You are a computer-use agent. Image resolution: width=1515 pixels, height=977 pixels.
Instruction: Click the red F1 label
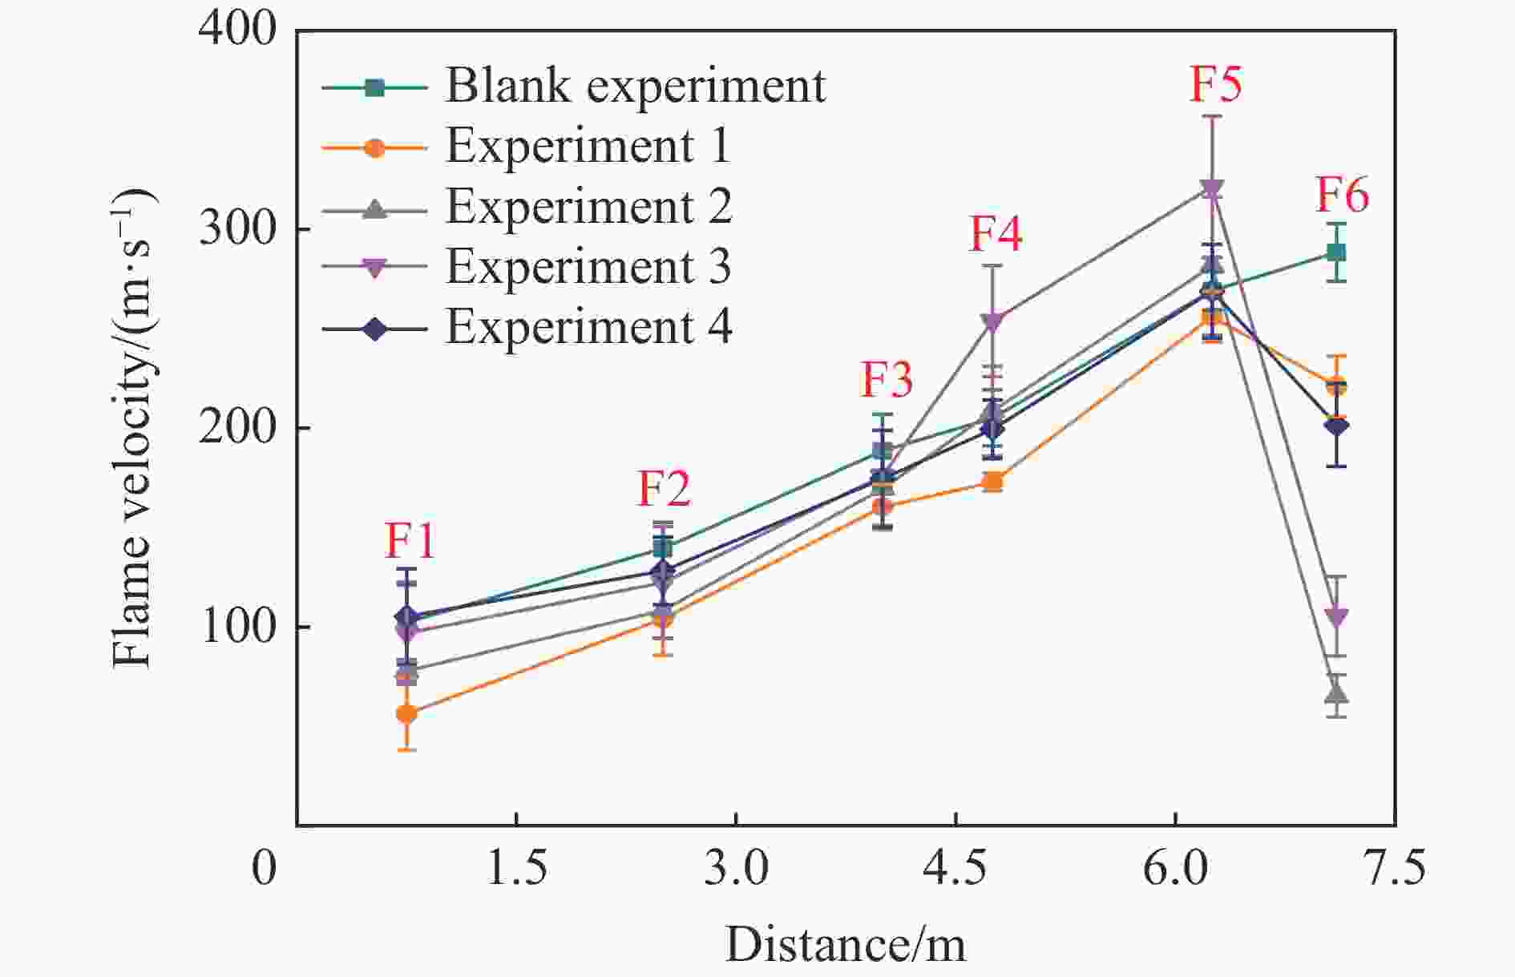[x=410, y=542]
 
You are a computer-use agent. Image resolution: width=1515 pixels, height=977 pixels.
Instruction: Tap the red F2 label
[x=664, y=490]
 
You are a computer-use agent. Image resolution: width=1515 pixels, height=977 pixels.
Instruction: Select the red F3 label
[x=887, y=379]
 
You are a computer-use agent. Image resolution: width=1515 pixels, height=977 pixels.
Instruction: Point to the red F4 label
[x=996, y=234]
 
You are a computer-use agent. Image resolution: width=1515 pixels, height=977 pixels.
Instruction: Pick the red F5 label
[x=1215, y=84]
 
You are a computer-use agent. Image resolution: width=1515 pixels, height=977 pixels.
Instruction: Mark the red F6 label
[x=1343, y=195]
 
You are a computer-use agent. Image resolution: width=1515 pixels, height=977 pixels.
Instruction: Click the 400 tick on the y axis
[x=237, y=30]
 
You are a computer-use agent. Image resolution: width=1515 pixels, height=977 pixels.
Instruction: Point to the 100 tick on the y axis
[x=237, y=627]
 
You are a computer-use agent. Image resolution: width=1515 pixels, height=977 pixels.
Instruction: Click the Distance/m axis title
[x=846, y=946]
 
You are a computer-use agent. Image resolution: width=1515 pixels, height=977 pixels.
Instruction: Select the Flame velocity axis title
[x=132, y=429]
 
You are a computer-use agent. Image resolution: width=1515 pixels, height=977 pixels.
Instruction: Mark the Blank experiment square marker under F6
[x=1335, y=252]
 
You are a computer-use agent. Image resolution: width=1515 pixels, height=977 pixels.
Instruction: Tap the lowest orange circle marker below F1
[x=406, y=713]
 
